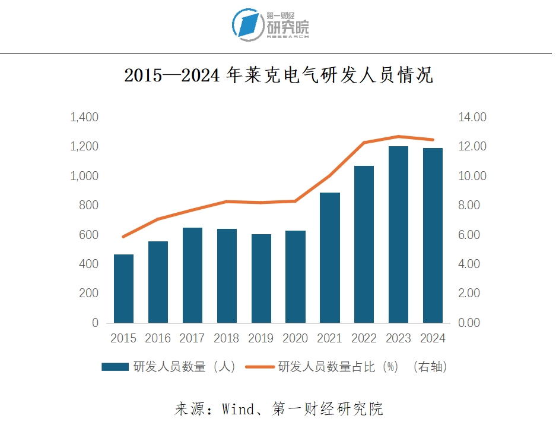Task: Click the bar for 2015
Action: point(123,289)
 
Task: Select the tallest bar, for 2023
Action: point(398,235)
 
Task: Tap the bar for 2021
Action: point(329,258)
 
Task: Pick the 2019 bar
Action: point(261,279)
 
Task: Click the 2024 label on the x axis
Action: point(433,338)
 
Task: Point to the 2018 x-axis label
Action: point(226,338)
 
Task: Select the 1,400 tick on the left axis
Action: point(84,118)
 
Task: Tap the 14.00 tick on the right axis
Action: point(472,118)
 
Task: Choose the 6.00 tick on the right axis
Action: point(472,235)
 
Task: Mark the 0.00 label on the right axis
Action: point(472,323)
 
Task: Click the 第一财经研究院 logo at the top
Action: point(271,25)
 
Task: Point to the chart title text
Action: point(278,76)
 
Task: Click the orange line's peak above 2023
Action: point(398,137)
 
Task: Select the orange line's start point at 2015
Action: point(123,237)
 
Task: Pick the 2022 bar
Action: point(364,244)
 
